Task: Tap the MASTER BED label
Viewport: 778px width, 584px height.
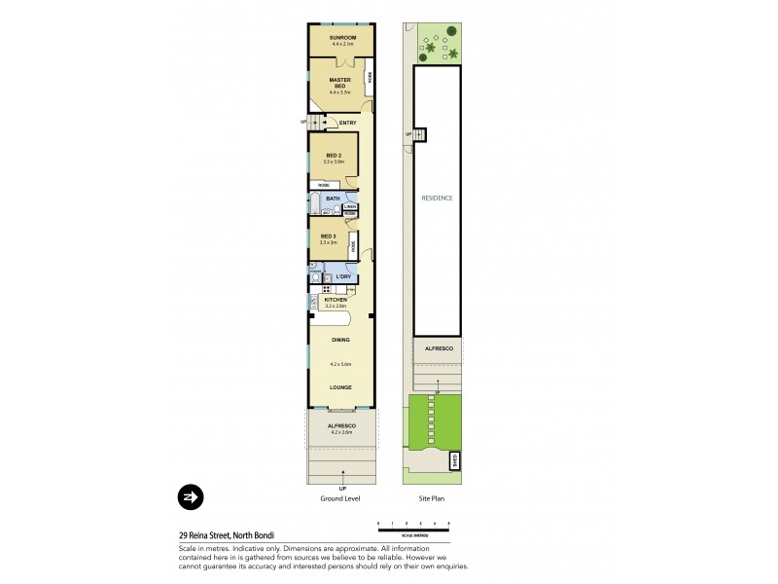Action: (x=339, y=81)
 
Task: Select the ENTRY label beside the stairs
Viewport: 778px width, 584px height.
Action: (x=347, y=123)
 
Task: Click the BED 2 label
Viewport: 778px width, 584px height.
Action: (x=333, y=156)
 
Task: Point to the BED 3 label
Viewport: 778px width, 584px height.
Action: (x=328, y=237)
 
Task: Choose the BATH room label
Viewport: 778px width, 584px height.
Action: (x=333, y=200)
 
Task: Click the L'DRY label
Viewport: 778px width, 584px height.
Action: (x=343, y=277)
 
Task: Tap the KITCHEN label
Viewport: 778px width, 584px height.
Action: (x=335, y=300)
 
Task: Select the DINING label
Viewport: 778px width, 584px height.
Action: (x=339, y=340)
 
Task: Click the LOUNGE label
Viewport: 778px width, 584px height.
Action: (x=339, y=386)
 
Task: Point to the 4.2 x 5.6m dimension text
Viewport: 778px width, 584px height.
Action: (x=339, y=364)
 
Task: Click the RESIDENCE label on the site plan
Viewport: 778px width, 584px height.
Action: (x=437, y=198)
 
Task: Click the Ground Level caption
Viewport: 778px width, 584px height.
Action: (x=340, y=497)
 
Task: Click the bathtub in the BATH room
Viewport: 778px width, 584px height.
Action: (x=316, y=201)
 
